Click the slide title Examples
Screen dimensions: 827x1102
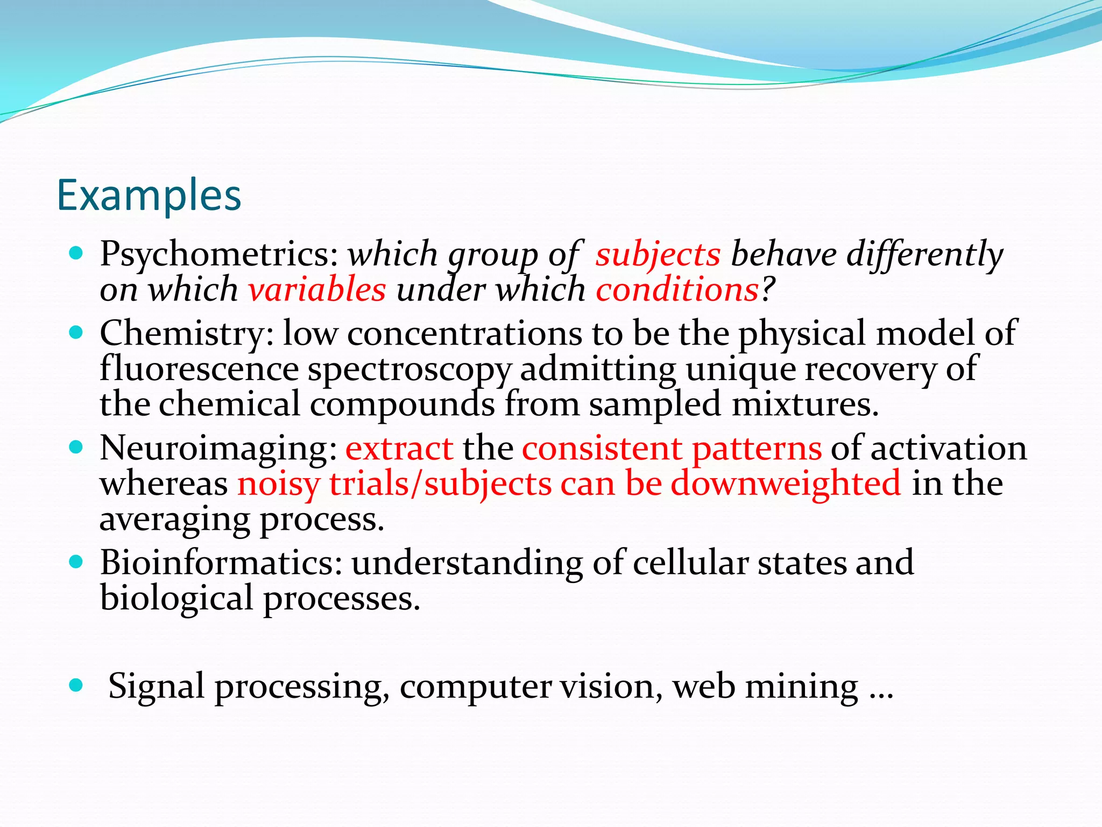(x=149, y=195)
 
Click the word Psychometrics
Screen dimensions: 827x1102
(x=218, y=254)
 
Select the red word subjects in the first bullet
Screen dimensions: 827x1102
(x=658, y=254)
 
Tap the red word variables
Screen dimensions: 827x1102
(x=317, y=290)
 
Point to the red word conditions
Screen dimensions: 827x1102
(x=677, y=290)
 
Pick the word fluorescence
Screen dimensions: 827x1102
(x=199, y=369)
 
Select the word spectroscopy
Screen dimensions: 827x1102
(x=409, y=370)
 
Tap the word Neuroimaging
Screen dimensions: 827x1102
(x=218, y=448)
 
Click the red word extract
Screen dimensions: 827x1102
(x=399, y=448)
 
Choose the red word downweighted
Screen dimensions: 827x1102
(x=786, y=483)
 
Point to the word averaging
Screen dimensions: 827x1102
(x=175, y=520)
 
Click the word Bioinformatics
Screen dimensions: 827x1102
(x=221, y=563)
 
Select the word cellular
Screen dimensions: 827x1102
(x=690, y=563)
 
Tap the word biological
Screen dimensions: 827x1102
(x=176, y=599)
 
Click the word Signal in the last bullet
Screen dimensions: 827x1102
(x=156, y=687)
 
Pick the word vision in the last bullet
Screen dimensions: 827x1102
(x=611, y=687)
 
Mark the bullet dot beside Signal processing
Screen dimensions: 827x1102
(x=76, y=685)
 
